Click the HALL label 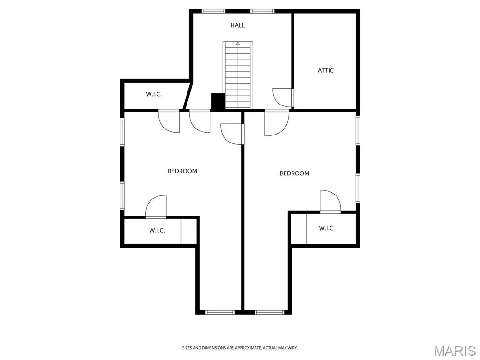(x=238, y=25)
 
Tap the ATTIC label (x=325, y=70)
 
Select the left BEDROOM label (x=182, y=171)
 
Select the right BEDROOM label (x=294, y=173)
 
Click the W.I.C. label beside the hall (x=154, y=94)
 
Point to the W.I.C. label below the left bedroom (x=157, y=230)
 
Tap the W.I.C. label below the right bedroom (x=327, y=228)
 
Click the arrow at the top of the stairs (x=238, y=43)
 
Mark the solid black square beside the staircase (x=218, y=101)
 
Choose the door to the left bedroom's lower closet (x=156, y=207)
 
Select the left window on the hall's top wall (x=213, y=11)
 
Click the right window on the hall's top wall (x=262, y=11)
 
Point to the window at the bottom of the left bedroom (x=220, y=312)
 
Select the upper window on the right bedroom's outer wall (x=358, y=130)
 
